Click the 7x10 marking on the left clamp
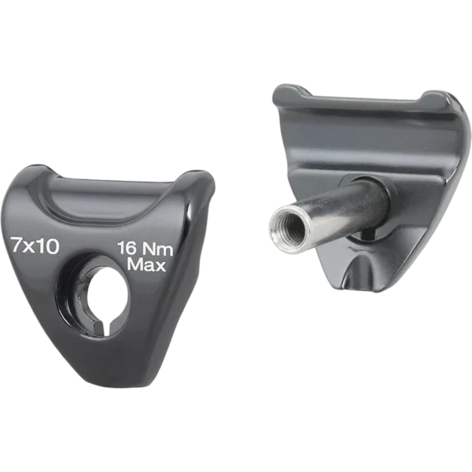pyautogui.click(x=35, y=245)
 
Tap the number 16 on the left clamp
pyautogui.click(x=127, y=249)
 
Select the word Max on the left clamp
pyautogui.click(x=146, y=265)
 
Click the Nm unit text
pyautogui.click(x=157, y=250)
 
